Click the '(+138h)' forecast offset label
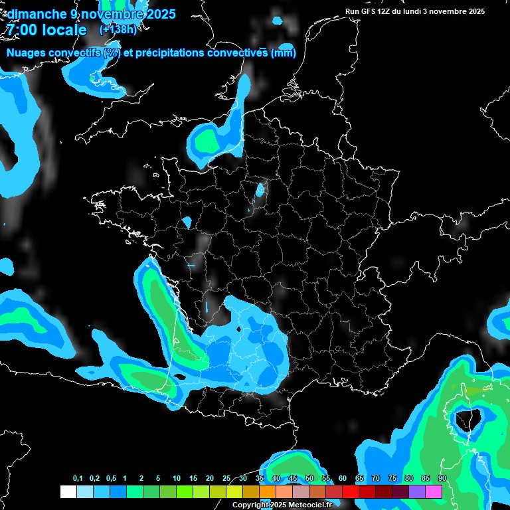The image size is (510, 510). (118, 30)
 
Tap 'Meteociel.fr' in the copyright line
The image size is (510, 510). (309, 505)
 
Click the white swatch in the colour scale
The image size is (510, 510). (68, 492)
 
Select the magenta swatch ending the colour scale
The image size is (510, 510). (434, 492)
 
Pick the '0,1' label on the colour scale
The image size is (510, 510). (78, 479)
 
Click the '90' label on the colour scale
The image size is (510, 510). (442, 479)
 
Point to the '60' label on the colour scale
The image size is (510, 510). (343, 479)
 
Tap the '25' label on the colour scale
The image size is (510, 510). (226, 479)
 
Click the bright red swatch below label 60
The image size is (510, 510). (351, 492)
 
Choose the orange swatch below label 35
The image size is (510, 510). (268, 492)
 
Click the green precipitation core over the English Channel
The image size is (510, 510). (207, 141)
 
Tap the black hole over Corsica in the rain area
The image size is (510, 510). (462, 419)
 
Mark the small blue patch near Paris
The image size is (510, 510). (260, 190)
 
